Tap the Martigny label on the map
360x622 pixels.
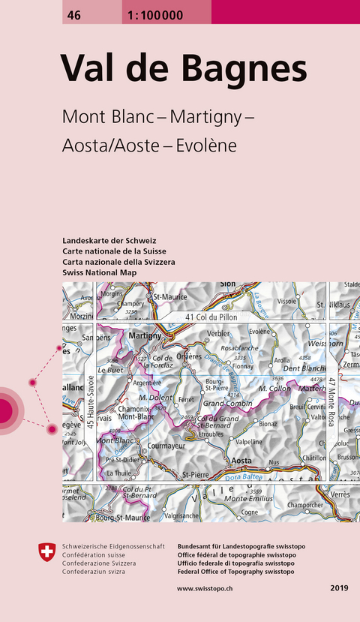145,336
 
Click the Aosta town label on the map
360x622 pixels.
241,459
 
